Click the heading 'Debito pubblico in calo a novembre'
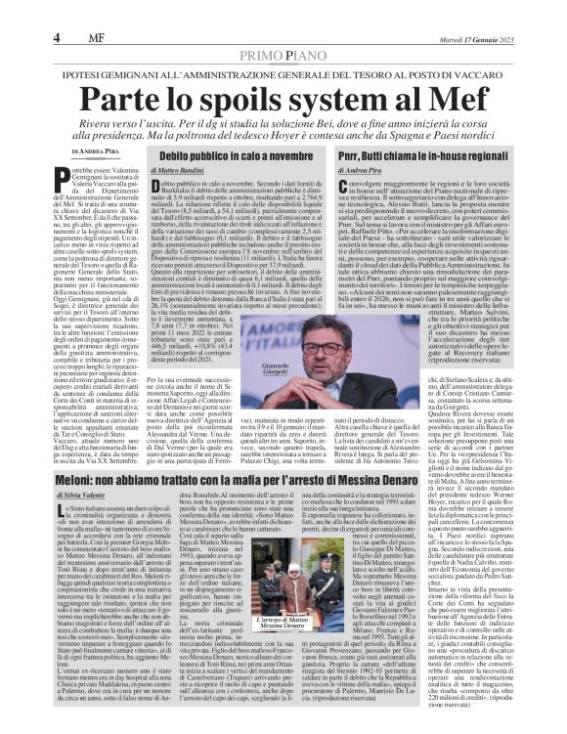point(243,156)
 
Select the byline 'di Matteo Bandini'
point(209,171)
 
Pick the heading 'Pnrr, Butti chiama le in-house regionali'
point(427,156)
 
